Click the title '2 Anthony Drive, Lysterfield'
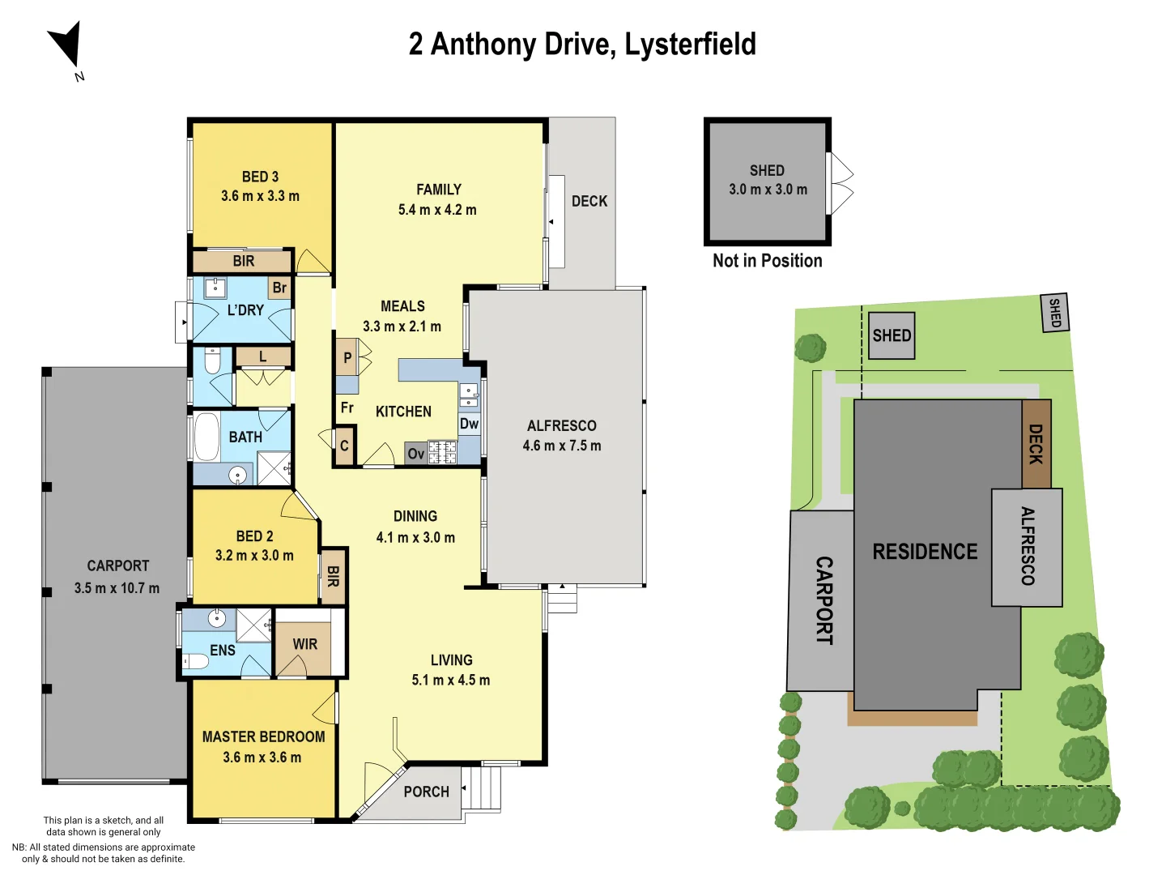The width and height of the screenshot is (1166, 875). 582,45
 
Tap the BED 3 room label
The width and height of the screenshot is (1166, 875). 260,177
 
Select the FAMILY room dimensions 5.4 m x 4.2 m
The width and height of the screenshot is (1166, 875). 437,210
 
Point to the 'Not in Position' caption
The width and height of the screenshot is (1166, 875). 767,261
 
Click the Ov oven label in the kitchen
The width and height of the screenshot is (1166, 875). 416,454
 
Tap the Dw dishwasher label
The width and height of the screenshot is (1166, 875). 469,424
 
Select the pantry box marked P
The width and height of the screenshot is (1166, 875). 347,357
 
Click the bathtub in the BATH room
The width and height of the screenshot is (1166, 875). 207,437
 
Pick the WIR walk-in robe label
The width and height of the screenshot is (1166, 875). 304,644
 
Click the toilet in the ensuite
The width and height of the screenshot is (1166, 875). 195,661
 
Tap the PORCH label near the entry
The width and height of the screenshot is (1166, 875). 426,792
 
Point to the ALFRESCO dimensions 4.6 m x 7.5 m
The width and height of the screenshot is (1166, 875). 562,446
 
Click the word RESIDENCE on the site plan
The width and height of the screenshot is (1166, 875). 925,552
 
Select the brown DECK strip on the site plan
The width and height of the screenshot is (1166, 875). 1036,444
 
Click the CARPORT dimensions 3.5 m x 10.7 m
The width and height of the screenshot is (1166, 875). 117,588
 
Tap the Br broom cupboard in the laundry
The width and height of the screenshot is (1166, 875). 279,288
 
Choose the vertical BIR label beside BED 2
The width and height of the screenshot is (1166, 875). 333,577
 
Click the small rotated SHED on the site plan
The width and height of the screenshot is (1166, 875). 1054,313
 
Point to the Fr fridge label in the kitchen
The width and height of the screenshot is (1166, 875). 347,408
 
